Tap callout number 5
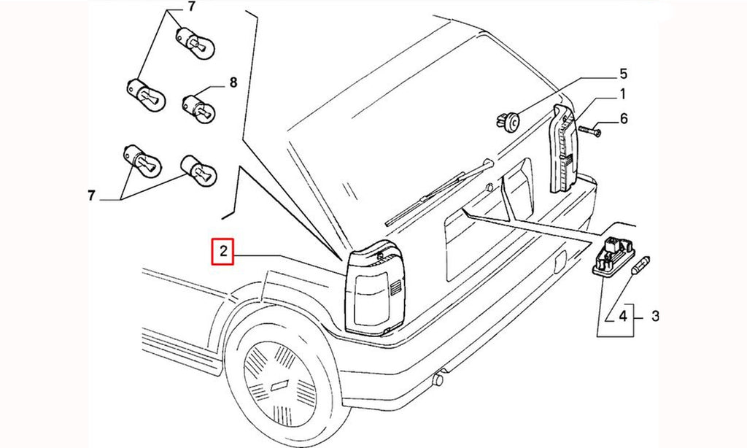tap(623, 74)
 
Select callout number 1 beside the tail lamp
tap(622, 94)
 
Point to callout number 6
tap(623, 118)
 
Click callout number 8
tap(233, 83)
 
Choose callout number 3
tap(655, 315)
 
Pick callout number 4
tap(623, 315)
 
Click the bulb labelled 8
tap(198, 108)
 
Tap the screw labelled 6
tap(589, 129)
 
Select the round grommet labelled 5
tap(508, 122)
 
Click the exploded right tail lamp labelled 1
tap(565, 149)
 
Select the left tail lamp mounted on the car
tap(376, 288)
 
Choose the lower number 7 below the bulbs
tap(91, 196)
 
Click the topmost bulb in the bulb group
tap(196, 43)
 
